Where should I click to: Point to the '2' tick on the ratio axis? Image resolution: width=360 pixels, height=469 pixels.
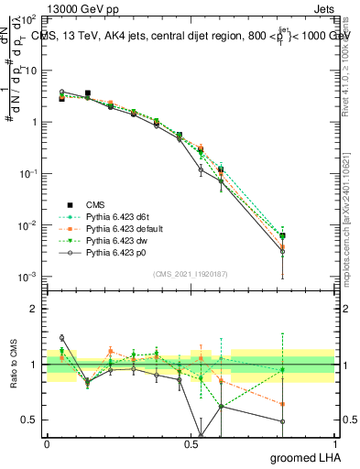click(x=35, y=309)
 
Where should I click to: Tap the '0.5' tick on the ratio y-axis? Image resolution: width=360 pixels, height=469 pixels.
click(x=30, y=420)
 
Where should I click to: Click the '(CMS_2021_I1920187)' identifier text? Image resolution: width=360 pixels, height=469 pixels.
click(x=191, y=274)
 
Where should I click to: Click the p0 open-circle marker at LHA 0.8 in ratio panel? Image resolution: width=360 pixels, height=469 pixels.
click(x=283, y=422)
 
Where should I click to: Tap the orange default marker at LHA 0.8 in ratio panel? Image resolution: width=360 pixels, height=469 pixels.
click(x=283, y=404)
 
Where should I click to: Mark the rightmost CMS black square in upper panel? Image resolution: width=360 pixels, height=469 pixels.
click(x=283, y=236)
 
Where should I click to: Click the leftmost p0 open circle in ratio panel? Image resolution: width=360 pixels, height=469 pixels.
click(x=61, y=338)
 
